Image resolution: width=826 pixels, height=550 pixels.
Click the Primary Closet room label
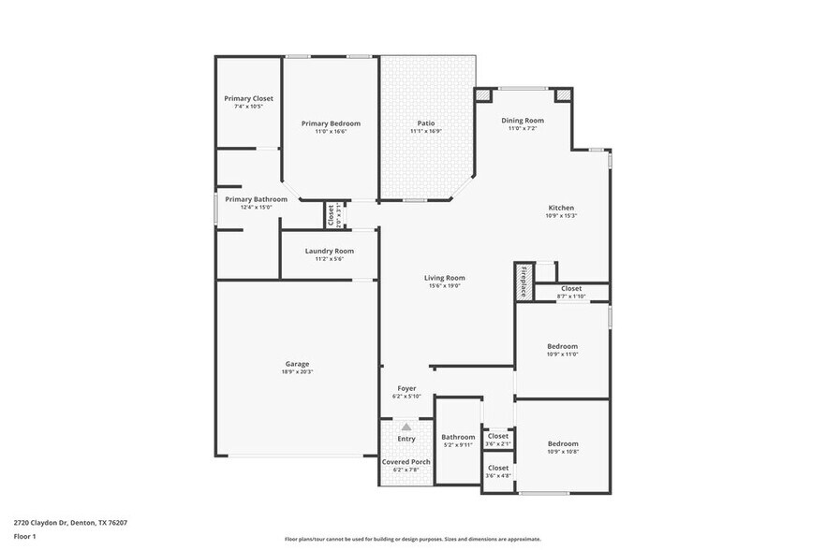pos(248,98)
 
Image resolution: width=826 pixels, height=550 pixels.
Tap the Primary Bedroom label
pos(331,123)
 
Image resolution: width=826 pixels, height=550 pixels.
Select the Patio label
pos(425,123)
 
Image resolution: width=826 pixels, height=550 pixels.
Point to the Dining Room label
pos(523,121)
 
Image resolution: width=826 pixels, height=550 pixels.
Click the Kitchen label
pos(561,208)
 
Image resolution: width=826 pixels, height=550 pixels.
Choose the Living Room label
pos(445,278)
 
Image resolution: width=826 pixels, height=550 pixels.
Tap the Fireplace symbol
pos(524,282)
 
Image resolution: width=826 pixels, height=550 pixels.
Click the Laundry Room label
pos(330,251)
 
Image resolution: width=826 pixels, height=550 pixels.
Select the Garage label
pos(297,364)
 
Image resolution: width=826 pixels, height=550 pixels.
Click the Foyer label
pos(406,388)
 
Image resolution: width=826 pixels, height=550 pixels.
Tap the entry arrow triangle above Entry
pos(406,427)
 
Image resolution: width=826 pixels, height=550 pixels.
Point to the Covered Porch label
pos(406,462)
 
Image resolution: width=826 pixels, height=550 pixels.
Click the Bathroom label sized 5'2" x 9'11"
pos(459,437)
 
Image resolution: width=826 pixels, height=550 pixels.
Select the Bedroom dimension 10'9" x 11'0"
pos(563,355)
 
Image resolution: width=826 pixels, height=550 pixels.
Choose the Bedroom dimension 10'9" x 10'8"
pos(563,452)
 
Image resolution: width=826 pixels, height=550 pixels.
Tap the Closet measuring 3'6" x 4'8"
pos(498,468)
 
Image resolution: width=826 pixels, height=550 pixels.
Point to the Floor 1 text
pos(24,536)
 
